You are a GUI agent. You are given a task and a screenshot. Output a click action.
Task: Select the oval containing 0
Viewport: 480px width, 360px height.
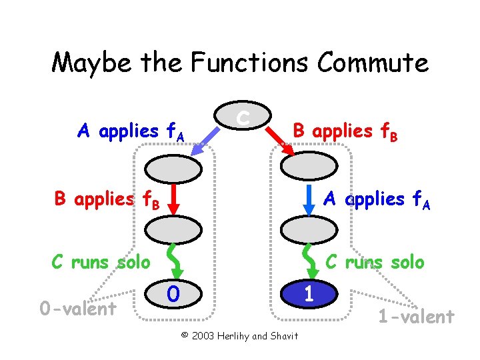tap(174, 293)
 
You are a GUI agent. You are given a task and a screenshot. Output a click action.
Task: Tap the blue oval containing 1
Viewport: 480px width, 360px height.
tap(309, 293)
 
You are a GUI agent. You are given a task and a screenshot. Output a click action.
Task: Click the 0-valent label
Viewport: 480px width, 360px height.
tap(78, 308)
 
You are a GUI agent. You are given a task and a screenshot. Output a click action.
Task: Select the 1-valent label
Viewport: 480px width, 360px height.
tap(416, 316)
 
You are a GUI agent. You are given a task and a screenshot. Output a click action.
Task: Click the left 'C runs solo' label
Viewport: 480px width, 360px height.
tap(101, 262)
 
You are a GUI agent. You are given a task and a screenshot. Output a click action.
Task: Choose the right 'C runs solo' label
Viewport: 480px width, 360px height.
tap(374, 262)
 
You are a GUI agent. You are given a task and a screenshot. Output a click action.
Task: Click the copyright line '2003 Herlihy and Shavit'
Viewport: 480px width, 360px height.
tap(240, 335)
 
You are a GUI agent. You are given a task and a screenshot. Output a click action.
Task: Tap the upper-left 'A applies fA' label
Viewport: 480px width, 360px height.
tap(131, 131)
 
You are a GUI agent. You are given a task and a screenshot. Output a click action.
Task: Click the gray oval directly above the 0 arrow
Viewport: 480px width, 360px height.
tap(173, 231)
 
